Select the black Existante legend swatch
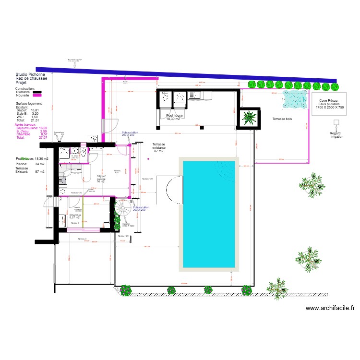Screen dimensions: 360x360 (37, 92)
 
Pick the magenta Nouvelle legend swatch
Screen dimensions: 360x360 (37, 96)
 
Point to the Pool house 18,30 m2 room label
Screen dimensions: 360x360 (173, 117)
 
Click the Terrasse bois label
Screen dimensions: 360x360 (282, 118)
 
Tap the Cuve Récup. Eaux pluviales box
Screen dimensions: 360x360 (329, 105)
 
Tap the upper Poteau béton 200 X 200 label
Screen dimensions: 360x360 (130, 134)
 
